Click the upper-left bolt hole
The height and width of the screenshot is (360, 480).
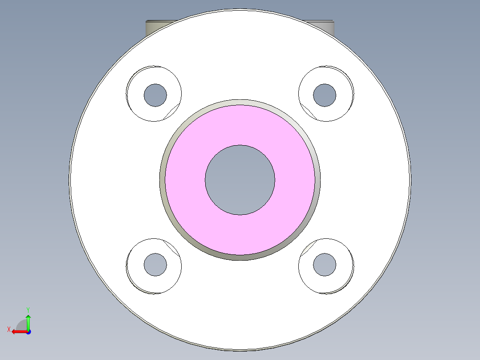tap(155, 94)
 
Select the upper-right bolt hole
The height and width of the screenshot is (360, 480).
tap(325, 95)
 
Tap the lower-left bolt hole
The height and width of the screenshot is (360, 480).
tap(155, 264)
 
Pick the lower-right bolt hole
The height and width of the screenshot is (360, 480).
tap(325, 264)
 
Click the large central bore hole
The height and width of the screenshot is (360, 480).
tap(240, 180)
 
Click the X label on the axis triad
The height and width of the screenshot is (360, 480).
tap(8, 329)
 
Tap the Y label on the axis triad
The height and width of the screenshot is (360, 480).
tap(28, 309)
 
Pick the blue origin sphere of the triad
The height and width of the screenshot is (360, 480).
tap(28, 331)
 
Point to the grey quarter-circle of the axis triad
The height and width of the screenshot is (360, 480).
tap(22, 325)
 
